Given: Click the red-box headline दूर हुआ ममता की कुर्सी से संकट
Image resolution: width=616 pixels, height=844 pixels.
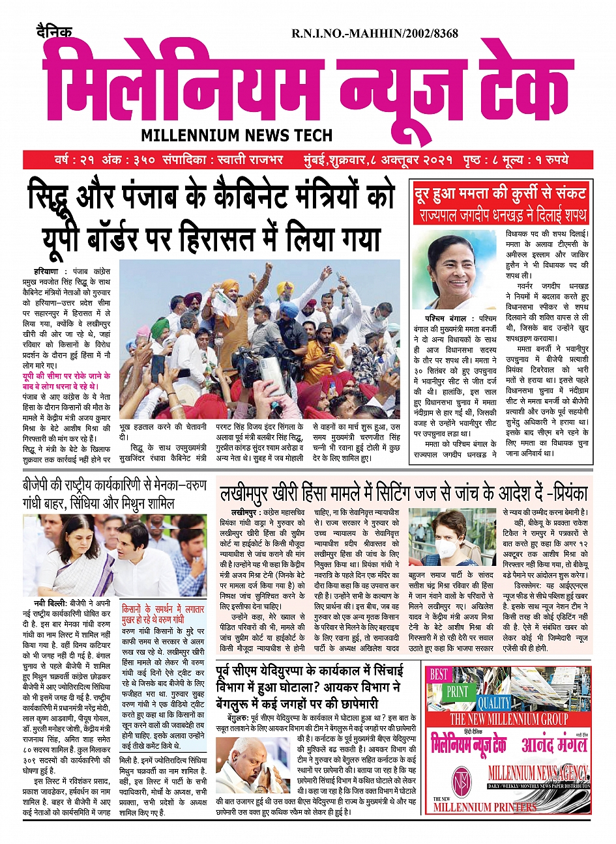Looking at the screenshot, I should point(501,193).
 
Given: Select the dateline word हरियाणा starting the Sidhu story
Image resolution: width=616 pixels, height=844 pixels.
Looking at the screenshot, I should point(46,271).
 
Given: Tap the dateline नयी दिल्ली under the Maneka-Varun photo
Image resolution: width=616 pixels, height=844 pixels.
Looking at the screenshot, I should point(49,604).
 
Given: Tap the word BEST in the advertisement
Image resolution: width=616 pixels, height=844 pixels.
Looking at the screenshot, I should point(439,675).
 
